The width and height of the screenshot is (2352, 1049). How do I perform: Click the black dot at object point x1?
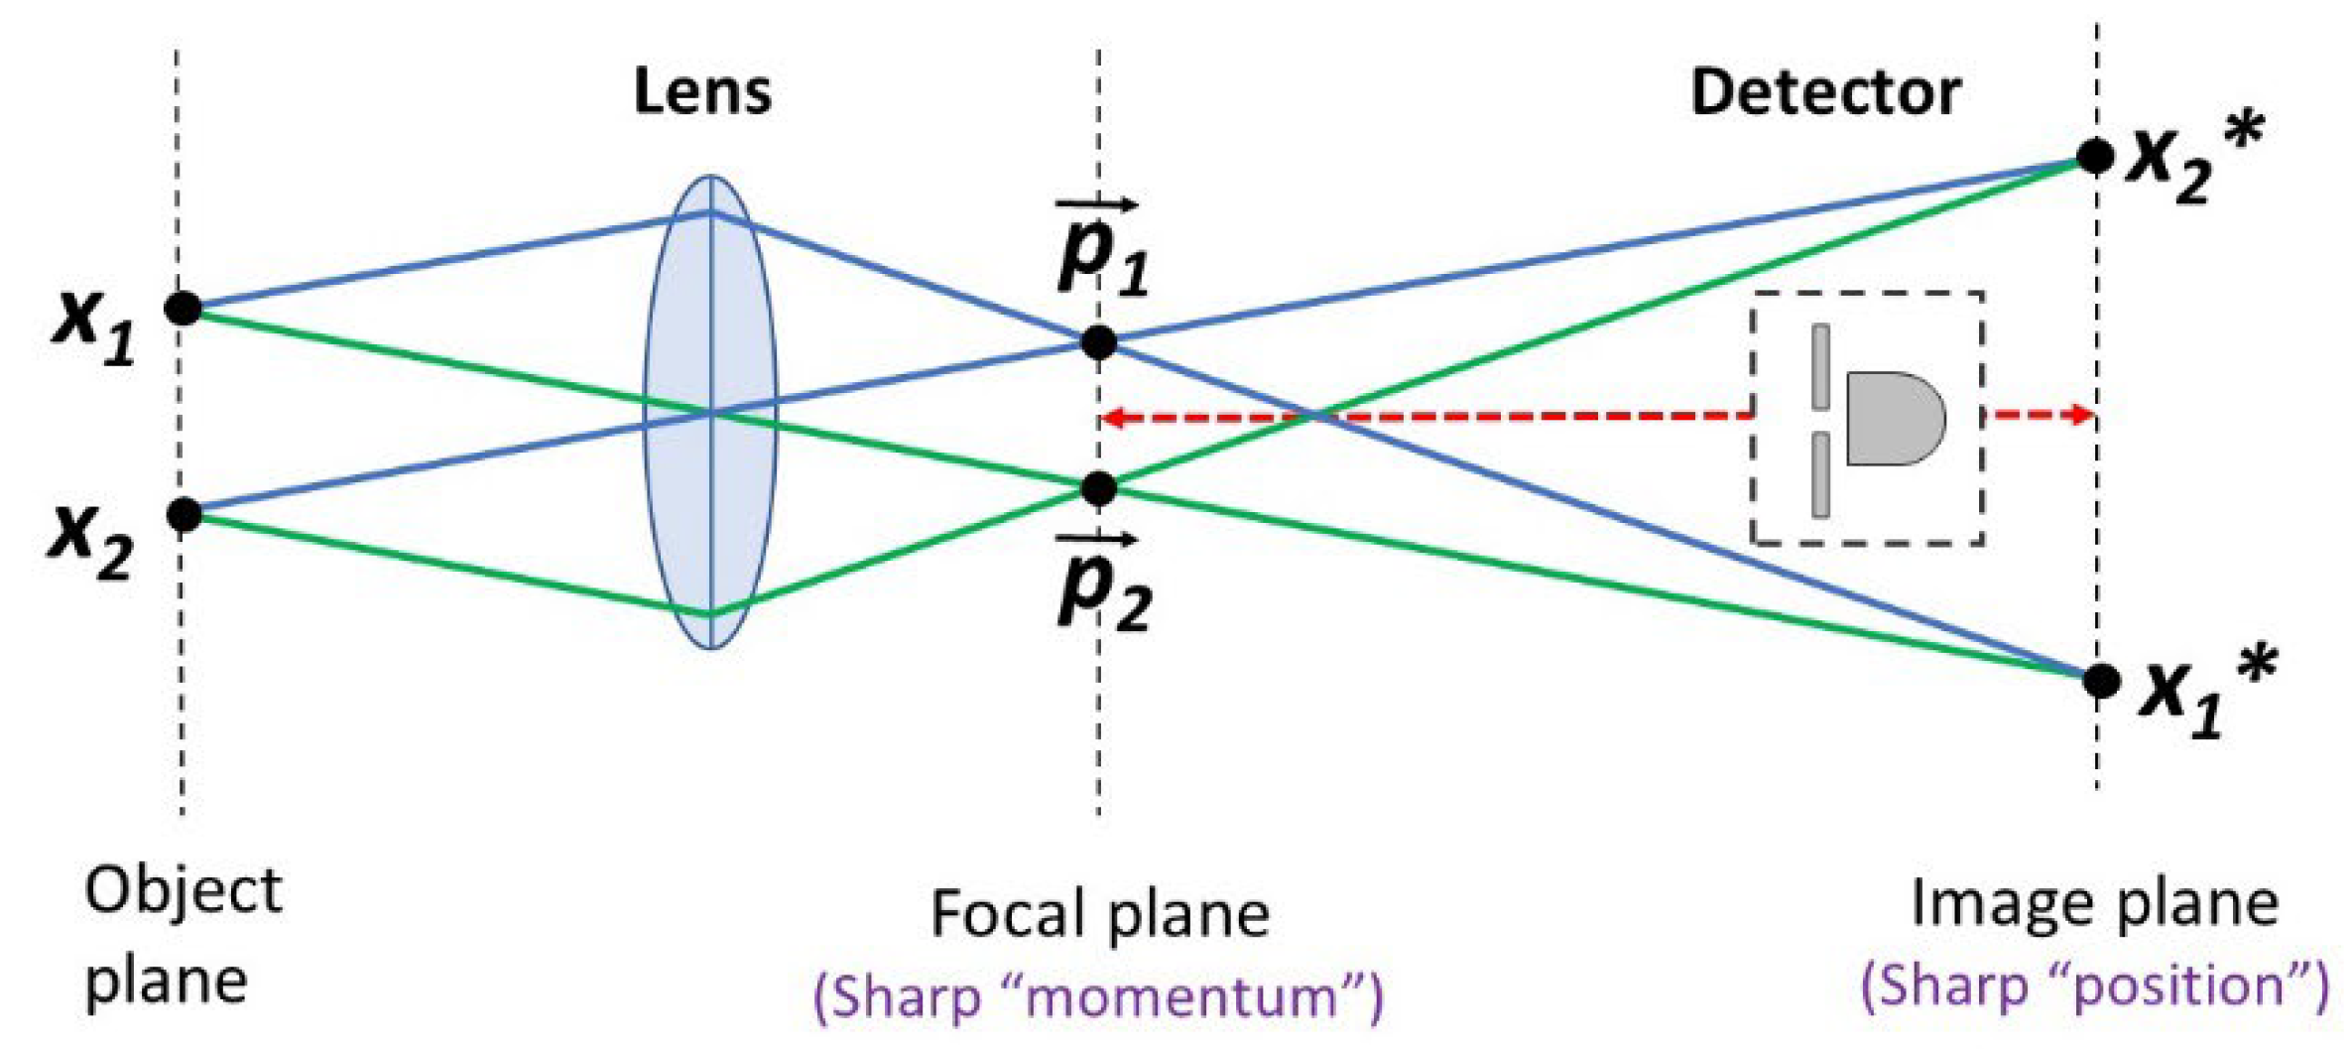tap(184, 309)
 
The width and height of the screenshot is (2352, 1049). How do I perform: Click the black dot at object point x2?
tap(184, 514)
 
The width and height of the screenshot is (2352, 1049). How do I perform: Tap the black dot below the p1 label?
tap(1098, 342)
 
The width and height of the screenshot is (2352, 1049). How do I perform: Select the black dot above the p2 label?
tap(1098, 488)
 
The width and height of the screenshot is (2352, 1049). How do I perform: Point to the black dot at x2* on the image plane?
tap(2095, 157)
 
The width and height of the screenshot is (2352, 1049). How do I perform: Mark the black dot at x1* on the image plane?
tap(2100, 681)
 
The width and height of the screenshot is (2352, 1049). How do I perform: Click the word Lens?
tap(702, 92)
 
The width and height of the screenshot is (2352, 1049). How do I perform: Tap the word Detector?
tap(1825, 92)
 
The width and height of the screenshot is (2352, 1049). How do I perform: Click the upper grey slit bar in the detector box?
tap(1820, 365)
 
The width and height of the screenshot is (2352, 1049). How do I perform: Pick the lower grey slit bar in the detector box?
tap(1820, 474)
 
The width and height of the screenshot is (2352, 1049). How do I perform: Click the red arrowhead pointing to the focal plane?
tap(1115, 418)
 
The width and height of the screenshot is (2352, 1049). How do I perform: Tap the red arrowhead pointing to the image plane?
tap(2079, 414)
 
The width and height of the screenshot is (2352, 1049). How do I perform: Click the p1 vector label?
tap(1101, 248)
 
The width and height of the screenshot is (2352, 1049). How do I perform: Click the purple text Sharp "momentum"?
tap(1098, 995)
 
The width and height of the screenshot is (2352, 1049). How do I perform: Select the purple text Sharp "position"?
tap(2094, 985)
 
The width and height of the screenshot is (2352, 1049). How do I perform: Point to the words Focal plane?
tap(1099, 913)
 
